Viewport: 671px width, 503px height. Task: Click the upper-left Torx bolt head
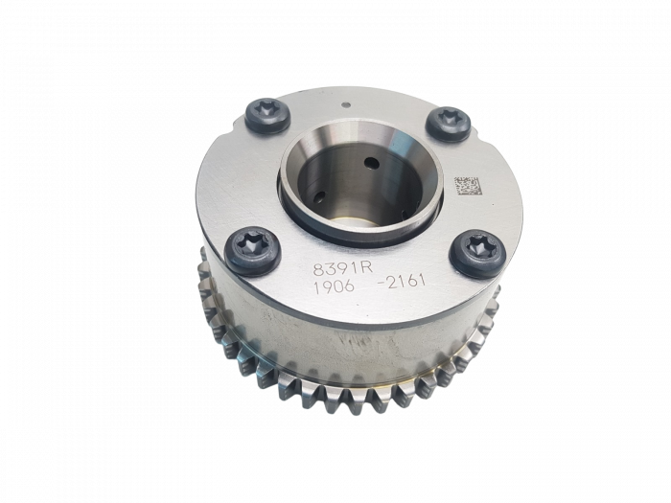tap(267, 116)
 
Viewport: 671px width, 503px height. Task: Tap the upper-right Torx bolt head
tap(449, 124)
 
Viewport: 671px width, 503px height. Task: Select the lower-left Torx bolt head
tap(253, 251)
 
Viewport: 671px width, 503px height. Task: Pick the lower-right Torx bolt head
tap(477, 254)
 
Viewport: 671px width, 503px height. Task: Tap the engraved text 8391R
tap(338, 268)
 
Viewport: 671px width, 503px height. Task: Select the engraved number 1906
tap(334, 287)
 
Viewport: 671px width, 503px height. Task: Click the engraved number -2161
tap(401, 283)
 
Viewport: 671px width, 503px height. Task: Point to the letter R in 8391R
tap(356, 267)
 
